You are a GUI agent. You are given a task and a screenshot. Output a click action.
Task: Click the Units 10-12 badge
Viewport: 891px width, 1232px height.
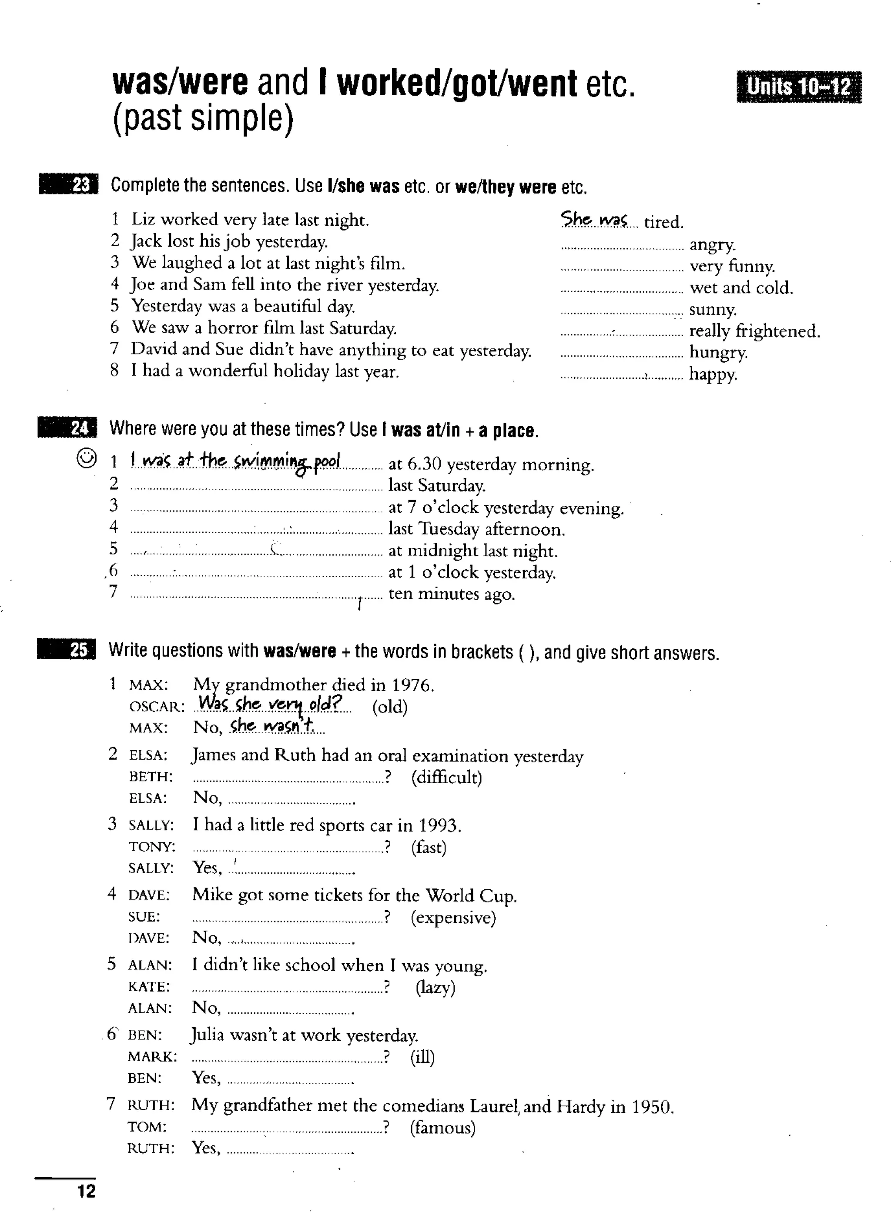[x=799, y=87]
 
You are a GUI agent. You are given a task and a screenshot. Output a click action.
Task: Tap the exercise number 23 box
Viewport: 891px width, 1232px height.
[x=69, y=185]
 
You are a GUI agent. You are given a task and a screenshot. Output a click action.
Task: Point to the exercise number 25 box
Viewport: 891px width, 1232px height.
[x=67, y=650]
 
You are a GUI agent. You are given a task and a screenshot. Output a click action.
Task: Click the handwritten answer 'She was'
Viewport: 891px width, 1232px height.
[x=594, y=220]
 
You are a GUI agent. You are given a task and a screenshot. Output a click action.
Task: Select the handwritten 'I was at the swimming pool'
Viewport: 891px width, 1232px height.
[x=236, y=462]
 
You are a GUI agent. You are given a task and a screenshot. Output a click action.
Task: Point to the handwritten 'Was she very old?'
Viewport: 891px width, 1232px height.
[x=271, y=704]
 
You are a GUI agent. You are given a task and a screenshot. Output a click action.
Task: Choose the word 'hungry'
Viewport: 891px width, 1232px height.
[x=718, y=353]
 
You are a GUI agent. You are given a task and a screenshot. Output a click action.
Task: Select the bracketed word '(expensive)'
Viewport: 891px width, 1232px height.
[x=453, y=918]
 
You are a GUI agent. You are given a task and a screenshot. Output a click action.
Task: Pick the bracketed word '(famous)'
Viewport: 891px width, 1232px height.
[x=443, y=1128]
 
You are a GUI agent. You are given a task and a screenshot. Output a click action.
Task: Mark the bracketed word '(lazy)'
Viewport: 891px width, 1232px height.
[x=435, y=987]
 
